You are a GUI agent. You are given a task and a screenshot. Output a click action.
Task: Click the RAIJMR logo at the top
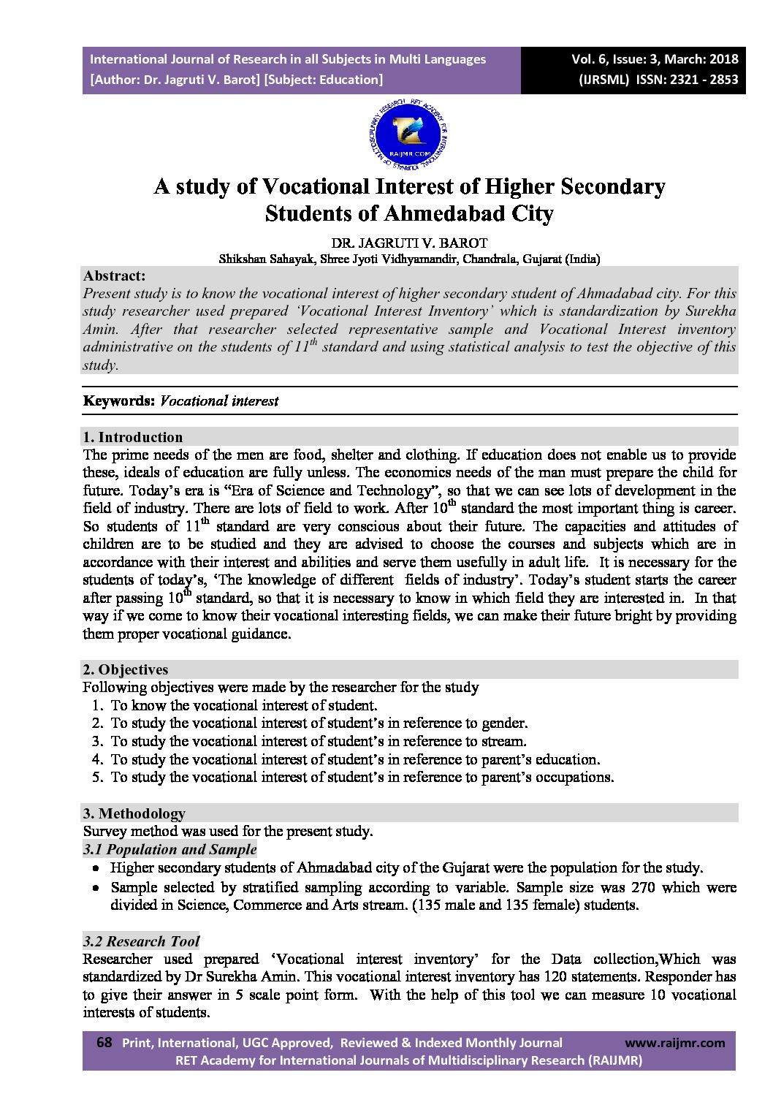410,132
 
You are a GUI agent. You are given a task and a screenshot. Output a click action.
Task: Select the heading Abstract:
114,276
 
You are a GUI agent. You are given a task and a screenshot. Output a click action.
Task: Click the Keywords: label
118,401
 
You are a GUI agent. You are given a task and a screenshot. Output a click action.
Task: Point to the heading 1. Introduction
133,438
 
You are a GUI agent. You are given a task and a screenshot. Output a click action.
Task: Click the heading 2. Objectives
126,669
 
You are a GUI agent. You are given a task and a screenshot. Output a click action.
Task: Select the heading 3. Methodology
134,813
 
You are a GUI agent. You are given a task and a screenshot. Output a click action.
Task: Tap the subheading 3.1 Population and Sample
170,849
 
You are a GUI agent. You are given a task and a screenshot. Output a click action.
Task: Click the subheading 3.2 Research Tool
142,941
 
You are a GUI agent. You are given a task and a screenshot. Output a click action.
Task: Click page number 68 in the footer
104,1043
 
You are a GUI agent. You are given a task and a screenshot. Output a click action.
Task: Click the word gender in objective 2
503,723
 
